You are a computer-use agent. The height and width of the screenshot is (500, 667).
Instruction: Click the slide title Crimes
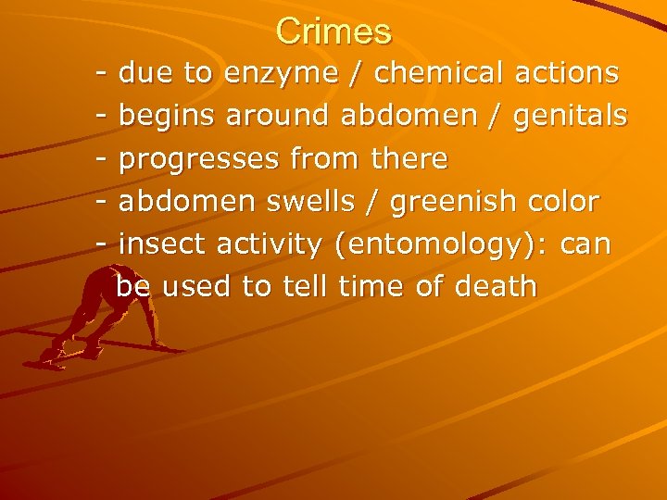point(333,31)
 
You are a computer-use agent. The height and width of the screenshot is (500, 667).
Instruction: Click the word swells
point(324,201)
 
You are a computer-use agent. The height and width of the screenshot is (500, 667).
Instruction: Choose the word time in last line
point(372,286)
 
